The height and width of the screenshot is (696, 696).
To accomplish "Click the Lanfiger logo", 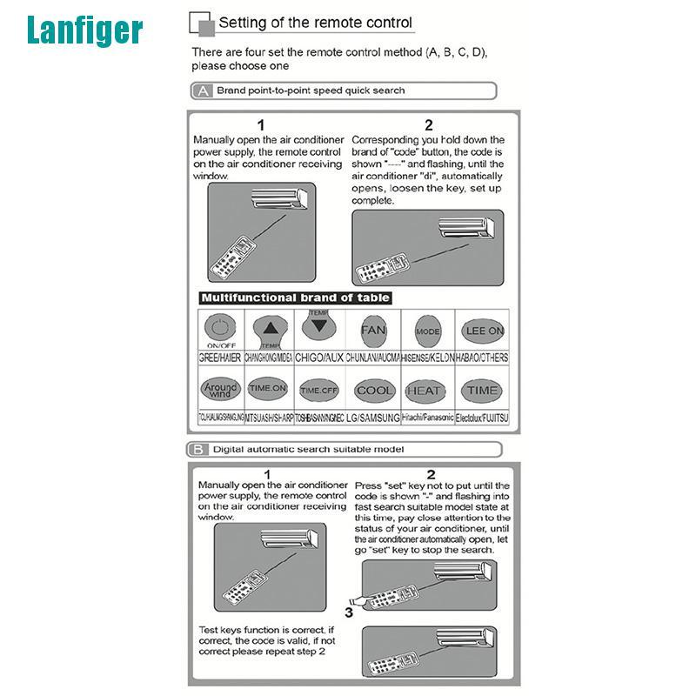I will [84, 30].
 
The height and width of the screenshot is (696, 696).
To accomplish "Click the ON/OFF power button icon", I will [220, 331].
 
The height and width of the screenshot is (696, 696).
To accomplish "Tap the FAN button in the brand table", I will [373, 331].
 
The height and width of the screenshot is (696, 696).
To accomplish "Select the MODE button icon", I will [427, 331].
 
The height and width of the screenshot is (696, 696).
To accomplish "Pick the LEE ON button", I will [485, 331].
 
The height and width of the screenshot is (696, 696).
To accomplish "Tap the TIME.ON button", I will [267, 389].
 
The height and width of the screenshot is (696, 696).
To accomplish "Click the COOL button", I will [375, 391].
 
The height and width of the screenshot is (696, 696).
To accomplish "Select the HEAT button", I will [425, 391].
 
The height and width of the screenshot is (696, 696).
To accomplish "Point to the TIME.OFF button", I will [318, 391].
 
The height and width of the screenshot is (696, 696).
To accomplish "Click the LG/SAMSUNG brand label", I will [374, 418].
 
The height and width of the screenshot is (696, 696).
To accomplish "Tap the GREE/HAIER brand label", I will [220, 358].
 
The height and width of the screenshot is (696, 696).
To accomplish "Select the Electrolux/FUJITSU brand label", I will [483, 418].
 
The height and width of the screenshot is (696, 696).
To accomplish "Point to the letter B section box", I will [199, 450].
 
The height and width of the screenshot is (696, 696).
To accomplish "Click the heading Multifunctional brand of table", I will [295, 298].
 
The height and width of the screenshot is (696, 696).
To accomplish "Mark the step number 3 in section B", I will [348, 612].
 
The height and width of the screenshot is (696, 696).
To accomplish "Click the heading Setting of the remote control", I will [315, 23].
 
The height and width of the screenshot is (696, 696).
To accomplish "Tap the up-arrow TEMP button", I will [272, 329].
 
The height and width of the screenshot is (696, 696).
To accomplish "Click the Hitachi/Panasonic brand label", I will [428, 418].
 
